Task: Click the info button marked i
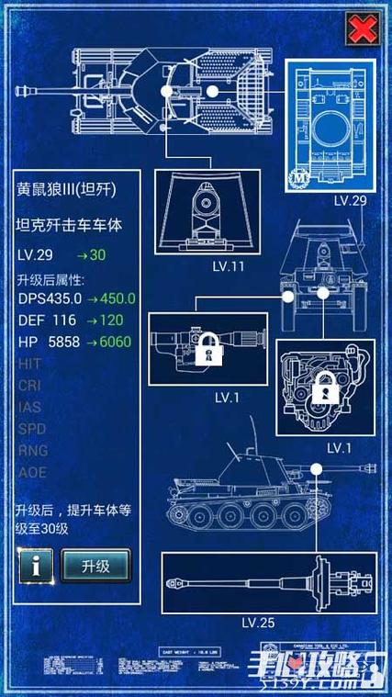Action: pos(34,566)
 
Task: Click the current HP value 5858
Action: pos(59,341)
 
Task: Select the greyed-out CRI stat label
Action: pos(29,385)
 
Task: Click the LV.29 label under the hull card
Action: pos(350,199)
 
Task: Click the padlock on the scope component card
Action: pos(211,349)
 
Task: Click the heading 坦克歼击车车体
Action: pos(69,225)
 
